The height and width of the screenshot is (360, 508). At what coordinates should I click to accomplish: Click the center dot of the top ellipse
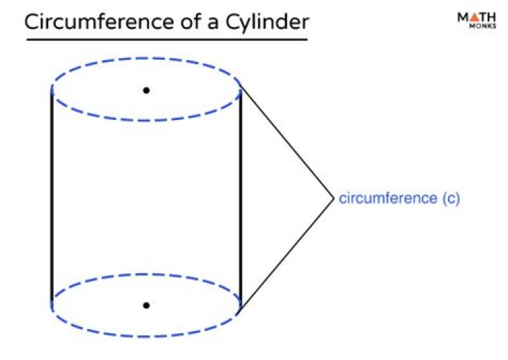click(146, 90)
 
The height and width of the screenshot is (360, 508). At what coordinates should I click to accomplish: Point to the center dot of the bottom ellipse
click(146, 305)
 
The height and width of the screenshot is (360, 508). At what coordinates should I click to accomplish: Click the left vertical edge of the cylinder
click(52, 198)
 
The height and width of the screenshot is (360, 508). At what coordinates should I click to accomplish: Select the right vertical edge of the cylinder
click(241, 198)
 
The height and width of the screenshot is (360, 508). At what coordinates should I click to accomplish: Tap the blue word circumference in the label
click(387, 198)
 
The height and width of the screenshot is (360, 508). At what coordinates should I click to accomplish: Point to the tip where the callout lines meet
click(332, 198)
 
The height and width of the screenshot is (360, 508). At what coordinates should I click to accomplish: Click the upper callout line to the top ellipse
click(286, 142)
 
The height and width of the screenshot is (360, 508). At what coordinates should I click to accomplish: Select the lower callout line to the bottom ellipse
click(286, 255)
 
